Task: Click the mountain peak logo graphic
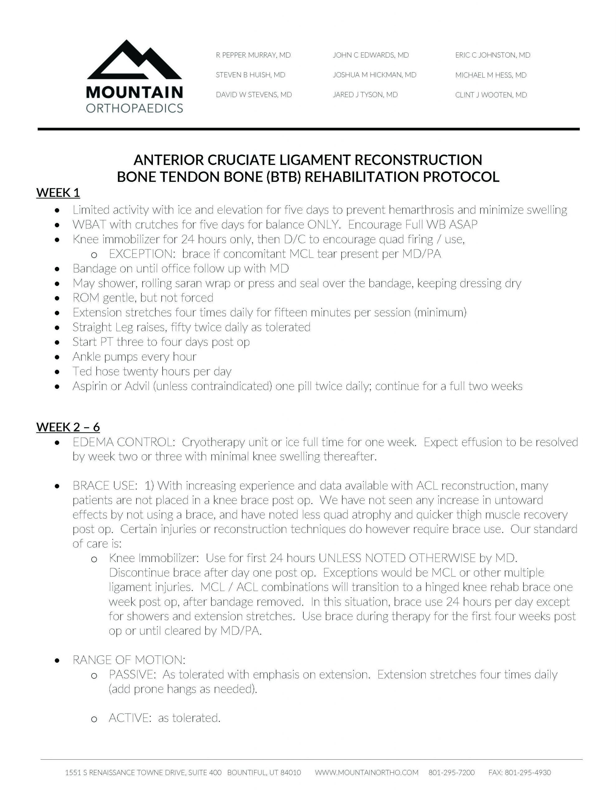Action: click(134, 61)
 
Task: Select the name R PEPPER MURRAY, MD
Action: click(253, 55)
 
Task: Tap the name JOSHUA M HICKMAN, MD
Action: click(374, 75)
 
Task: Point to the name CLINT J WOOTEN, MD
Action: click(491, 95)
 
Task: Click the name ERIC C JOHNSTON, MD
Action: click(493, 55)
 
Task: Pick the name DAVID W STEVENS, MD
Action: click(254, 95)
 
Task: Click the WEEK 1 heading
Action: click(58, 192)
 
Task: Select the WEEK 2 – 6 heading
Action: click(68, 427)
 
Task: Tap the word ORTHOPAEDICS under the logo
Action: click(134, 108)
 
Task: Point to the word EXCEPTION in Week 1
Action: click(140, 254)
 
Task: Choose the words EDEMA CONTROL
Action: click(123, 442)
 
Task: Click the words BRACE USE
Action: click(105, 485)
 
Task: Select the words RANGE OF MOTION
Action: click(129, 659)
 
